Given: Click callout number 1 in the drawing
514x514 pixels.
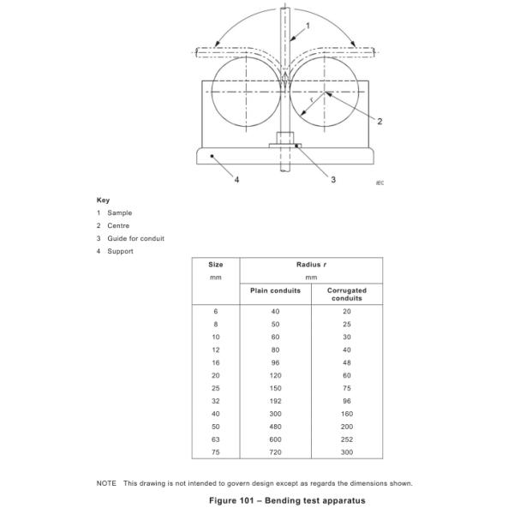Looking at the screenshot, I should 307,26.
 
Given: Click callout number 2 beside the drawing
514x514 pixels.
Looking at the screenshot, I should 380,121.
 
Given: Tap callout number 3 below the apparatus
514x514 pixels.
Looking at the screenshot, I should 333,179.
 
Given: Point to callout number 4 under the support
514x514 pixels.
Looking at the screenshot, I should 236,179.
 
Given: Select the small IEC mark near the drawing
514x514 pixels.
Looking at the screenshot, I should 380,182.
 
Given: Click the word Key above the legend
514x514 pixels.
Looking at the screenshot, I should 103,200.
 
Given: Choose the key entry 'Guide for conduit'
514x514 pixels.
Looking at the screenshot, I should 135,238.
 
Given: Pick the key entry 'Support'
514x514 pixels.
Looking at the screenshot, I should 120,251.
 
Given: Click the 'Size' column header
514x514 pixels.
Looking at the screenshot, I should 216,265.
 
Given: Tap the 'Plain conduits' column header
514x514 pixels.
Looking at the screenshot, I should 275,290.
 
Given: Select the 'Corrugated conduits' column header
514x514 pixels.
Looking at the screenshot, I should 346,294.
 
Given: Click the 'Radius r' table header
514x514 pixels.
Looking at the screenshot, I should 311,265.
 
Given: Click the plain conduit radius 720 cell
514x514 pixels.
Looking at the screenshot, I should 275,451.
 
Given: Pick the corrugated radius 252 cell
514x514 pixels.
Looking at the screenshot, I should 346,439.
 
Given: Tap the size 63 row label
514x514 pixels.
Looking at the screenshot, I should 216,439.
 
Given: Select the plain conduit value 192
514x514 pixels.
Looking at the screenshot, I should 275,400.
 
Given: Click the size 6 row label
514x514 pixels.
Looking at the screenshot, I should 216,311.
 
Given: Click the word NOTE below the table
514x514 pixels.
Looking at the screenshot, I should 106,483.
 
